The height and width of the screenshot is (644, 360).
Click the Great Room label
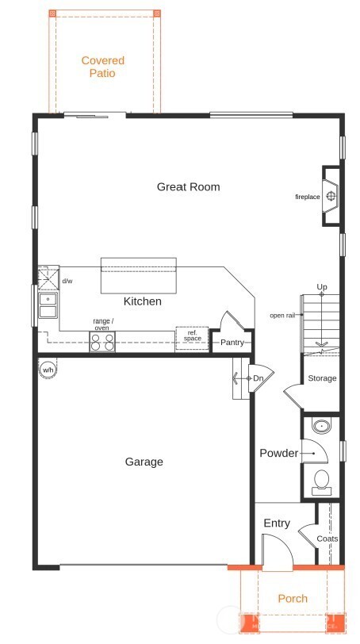188,187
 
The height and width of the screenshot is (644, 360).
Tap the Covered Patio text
103,67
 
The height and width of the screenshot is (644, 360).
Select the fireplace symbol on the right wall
331,196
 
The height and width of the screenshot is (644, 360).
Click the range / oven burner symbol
102,342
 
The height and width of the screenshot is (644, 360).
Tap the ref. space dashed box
192,336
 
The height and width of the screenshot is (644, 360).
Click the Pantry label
232,343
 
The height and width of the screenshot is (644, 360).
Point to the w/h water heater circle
48,370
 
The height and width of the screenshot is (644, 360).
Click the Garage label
144,462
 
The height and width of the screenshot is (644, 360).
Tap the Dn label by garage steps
258,379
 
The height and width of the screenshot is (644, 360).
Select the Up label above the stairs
321,286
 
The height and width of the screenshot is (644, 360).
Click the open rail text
283,315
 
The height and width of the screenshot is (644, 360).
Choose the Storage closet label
322,378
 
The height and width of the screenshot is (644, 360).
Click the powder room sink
322,427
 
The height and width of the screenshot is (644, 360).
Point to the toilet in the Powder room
322,480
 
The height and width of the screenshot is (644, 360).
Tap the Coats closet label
327,539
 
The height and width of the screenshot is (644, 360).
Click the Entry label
277,523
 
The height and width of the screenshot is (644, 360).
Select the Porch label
293,599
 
